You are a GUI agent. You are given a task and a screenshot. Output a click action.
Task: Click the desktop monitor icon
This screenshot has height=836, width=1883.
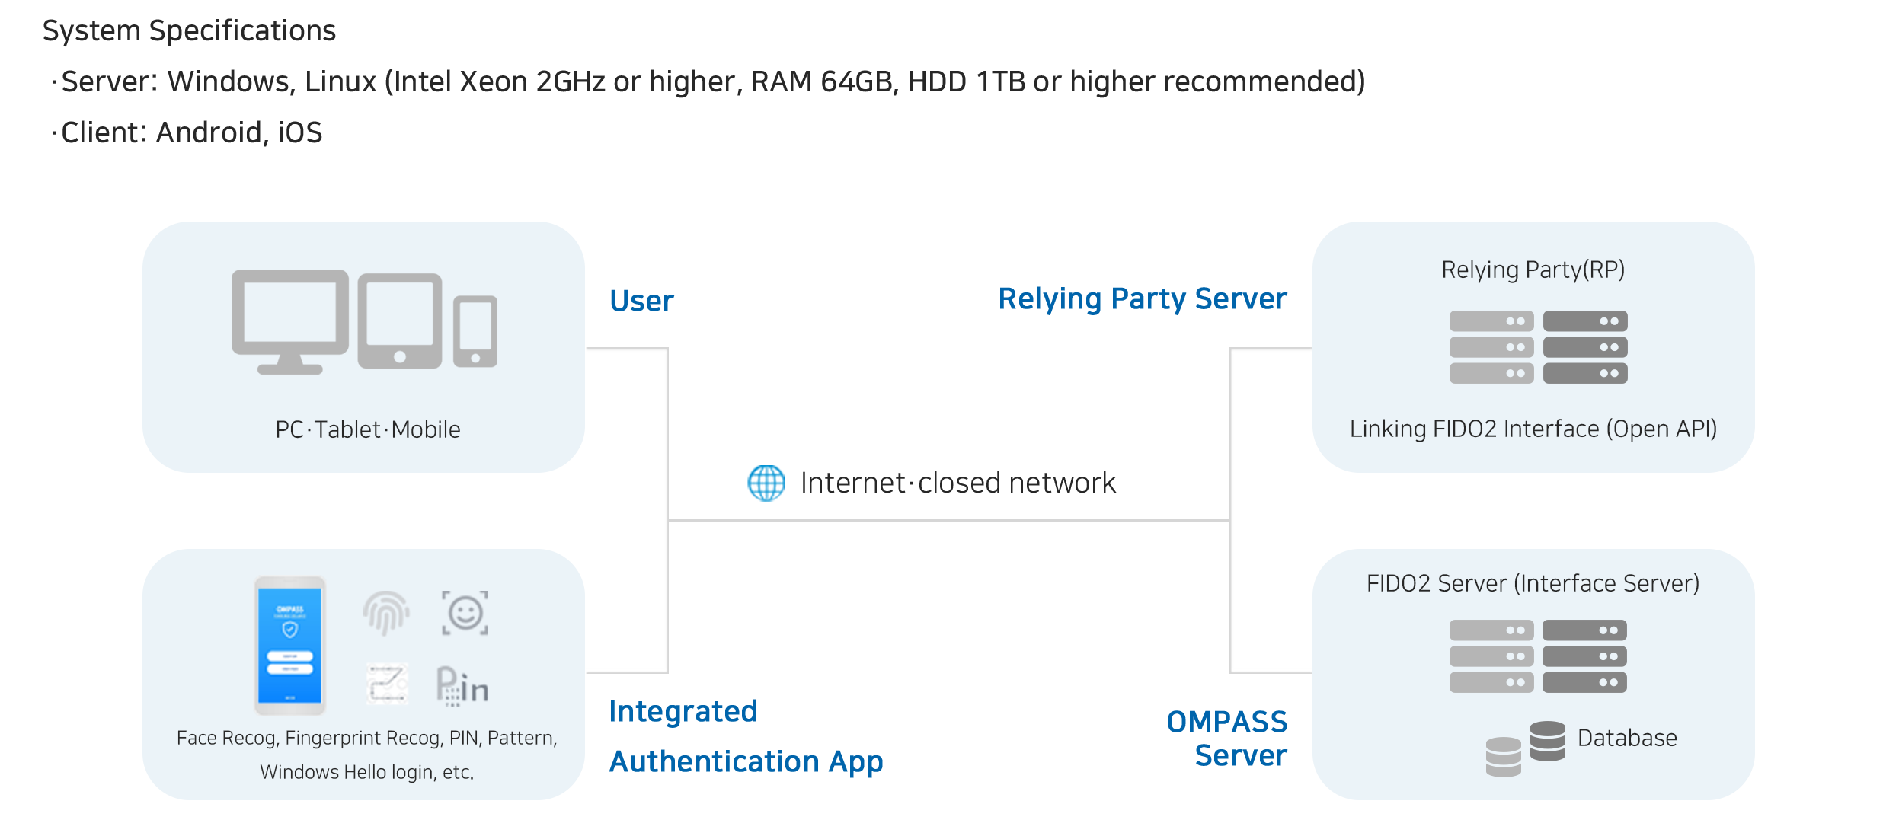(x=289, y=318)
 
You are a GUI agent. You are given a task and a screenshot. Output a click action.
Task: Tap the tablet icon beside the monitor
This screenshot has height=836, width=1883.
(x=400, y=320)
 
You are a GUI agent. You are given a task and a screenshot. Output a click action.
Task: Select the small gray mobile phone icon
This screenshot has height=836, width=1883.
(x=475, y=331)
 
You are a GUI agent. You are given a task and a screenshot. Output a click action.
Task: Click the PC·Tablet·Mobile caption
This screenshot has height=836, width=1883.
(x=368, y=429)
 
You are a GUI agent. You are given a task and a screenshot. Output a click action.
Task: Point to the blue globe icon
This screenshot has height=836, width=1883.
(x=766, y=483)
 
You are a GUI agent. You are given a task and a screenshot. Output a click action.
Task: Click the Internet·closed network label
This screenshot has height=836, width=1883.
(x=958, y=483)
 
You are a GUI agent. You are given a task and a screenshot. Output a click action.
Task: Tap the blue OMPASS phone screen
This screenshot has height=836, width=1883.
(x=289, y=646)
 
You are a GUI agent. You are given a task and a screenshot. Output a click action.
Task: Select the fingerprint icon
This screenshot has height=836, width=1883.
(x=386, y=613)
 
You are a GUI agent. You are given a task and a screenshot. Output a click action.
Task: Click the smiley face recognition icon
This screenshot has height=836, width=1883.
(x=465, y=613)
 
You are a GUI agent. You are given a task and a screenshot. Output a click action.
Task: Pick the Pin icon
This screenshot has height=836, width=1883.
(x=462, y=685)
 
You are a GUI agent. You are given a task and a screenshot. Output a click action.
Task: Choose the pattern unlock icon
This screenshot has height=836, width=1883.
(x=387, y=683)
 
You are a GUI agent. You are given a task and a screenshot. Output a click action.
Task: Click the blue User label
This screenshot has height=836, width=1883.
(x=642, y=301)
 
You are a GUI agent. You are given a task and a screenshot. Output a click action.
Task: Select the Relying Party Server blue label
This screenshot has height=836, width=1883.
(x=1142, y=299)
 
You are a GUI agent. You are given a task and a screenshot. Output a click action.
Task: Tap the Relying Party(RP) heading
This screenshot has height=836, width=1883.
(x=1533, y=270)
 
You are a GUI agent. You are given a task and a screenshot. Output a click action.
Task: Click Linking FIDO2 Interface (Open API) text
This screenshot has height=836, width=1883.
(x=1533, y=429)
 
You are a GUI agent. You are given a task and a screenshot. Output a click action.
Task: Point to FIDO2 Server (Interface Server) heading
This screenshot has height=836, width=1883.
(x=1533, y=583)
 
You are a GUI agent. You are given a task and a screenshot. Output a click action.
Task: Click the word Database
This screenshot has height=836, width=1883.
(x=1627, y=738)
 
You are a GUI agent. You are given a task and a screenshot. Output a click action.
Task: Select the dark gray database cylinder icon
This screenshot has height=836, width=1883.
(x=1547, y=741)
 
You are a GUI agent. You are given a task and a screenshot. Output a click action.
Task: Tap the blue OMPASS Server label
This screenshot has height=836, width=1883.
(x=1228, y=738)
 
